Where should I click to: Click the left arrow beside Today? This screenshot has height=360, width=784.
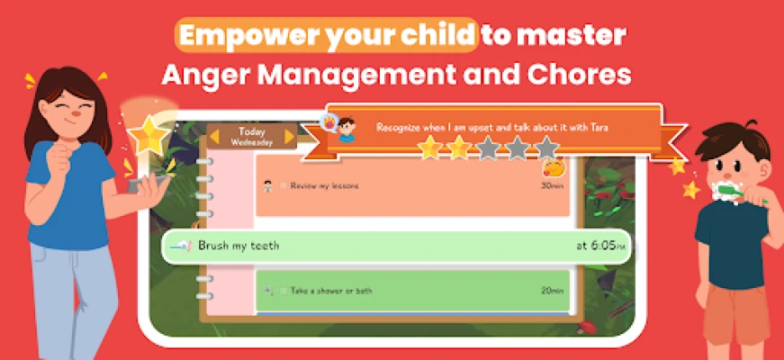[214, 137]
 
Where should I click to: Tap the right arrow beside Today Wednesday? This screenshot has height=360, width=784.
[290, 137]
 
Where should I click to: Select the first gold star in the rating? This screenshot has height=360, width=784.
[430, 148]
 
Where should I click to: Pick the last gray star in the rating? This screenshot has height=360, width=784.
[546, 148]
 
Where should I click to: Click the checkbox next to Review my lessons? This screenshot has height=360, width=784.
[283, 186]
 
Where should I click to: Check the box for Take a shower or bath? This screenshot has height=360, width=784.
[283, 291]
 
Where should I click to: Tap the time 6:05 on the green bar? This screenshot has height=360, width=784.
[602, 246]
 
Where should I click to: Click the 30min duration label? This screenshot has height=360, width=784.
[552, 186]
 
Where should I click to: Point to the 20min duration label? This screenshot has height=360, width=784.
[552, 291]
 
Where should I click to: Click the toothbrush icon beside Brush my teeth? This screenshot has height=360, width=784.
[181, 246]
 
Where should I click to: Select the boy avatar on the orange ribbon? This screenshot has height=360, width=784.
[346, 130]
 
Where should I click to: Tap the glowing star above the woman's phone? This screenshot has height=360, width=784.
[148, 135]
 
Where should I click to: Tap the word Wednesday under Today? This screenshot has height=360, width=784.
[252, 142]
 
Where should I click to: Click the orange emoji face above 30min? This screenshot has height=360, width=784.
[554, 167]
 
